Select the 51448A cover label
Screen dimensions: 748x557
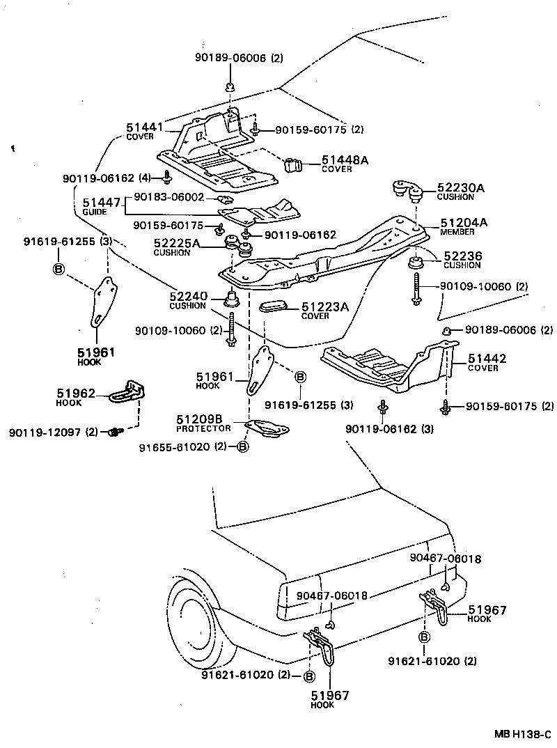pyautogui.click(x=344, y=161)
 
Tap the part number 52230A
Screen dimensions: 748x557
pyautogui.click(x=460, y=187)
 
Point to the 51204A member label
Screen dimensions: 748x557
pyautogui.click(x=464, y=223)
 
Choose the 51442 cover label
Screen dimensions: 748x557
pyautogui.click(x=487, y=359)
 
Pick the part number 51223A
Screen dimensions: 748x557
pyautogui.click(x=325, y=306)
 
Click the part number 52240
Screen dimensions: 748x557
pyautogui.click(x=189, y=297)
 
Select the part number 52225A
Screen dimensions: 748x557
pyautogui.click(x=176, y=243)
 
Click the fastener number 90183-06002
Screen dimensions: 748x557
pyautogui.click(x=168, y=197)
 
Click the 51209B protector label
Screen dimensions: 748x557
pyautogui.click(x=199, y=419)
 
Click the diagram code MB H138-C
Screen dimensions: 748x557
pyautogui.click(x=523, y=735)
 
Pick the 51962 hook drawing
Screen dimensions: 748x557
pyautogui.click(x=128, y=391)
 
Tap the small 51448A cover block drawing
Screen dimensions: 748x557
pyautogui.click(x=296, y=165)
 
